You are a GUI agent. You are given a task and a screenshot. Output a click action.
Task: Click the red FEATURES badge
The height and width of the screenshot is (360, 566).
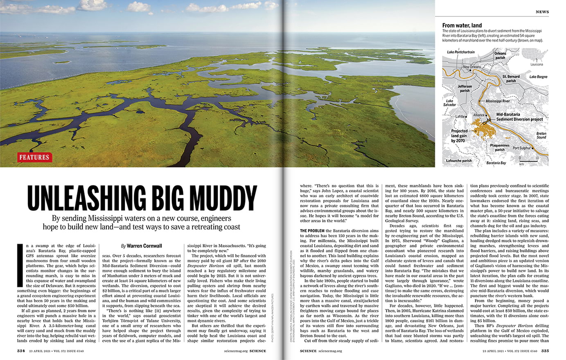click(x=34, y=157)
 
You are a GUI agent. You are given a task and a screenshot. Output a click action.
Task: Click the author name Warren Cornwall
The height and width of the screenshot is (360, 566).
click(x=144, y=246)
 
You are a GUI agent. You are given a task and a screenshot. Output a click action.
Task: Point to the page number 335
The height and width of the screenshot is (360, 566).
click(x=545, y=351)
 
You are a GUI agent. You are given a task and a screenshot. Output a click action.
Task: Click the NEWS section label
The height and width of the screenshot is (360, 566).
click(x=542, y=12)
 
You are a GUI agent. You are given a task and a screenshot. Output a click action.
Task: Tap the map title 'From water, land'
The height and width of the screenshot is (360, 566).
click(x=462, y=25)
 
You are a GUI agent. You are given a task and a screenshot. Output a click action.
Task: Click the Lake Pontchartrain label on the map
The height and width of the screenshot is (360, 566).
click(x=461, y=52)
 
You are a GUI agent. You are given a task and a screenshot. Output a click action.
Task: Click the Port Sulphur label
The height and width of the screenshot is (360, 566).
click(x=521, y=148)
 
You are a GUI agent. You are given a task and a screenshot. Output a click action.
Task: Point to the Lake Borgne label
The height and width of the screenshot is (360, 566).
click(x=538, y=77)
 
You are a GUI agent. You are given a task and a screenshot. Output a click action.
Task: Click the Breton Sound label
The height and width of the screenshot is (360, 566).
click(x=541, y=135)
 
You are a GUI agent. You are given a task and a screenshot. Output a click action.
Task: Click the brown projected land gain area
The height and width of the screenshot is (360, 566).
click(x=479, y=129)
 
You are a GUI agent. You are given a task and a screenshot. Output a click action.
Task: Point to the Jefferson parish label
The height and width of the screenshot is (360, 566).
click(x=465, y=88)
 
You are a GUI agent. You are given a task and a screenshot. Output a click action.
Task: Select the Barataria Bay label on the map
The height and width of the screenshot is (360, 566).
click(x=496, y=163)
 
